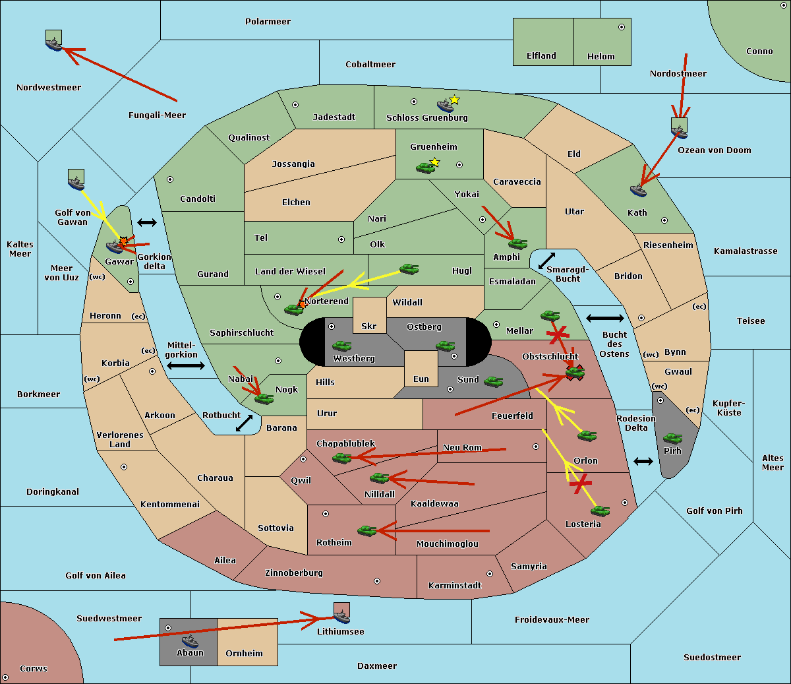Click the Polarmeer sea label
pos(268,22)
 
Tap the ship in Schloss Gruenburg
pos(445,106)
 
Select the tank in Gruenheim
pos(425,168)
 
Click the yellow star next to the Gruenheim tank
pos(434,162)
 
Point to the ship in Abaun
pos(190,641)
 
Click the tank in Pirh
pos(672,439)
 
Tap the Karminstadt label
pos(455,586)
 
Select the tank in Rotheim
pos(366,530)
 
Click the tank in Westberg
pos(341,346)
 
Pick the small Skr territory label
pos(369,326)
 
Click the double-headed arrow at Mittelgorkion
pos(186,366)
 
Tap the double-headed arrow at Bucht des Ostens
pos(604,319)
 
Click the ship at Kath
pos(638,191)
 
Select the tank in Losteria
pos(600,511)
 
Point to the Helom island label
pos(601,57)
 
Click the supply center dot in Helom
pos(621,27)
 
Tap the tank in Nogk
pos(264,398)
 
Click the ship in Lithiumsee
pos(341,617)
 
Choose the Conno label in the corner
pos(759,51)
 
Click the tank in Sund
pos(493,381)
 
